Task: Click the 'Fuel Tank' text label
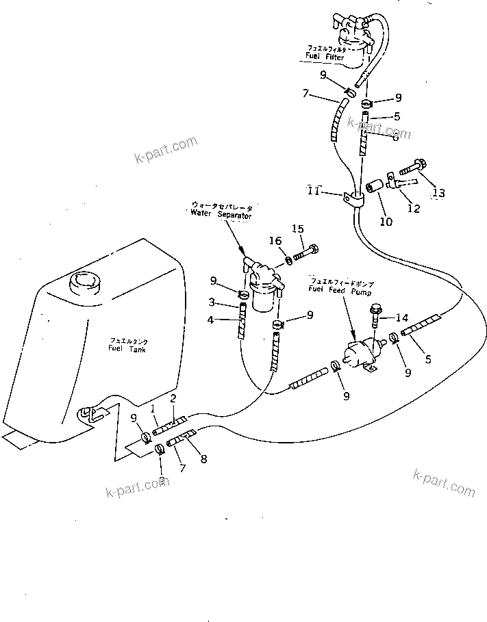pyautogui.click(x=129, y=350)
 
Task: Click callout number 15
pyautogui.click(x=298, y=229)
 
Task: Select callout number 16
pyautogui.click(x=275, y=241)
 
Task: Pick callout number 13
pyautogui.click(x=438, y=194)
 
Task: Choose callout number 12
pyautogui.click(x=413, y=209)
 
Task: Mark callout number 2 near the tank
pyautogui.click(x=173, y=398)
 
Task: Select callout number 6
pyautogui.click(x=395, y=137)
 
